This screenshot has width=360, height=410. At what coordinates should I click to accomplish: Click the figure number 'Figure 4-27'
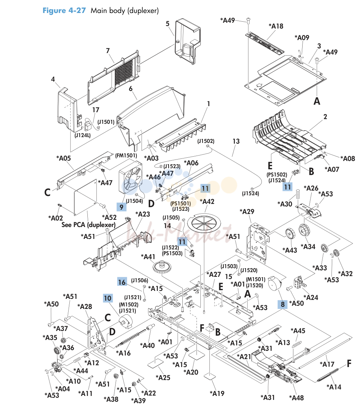click(x=64, y=10)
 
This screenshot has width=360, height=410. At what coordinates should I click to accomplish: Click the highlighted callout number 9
click(x=121, y=207)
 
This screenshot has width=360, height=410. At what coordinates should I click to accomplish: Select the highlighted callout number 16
click(x=122, y=282)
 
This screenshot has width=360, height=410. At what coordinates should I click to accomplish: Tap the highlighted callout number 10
click(x=108, y=298)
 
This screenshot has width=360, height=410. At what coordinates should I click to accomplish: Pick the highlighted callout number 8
click(x=283, y=304)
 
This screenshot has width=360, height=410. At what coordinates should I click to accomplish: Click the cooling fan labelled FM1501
click(x=131, y=178)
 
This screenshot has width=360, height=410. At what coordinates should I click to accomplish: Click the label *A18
click(x=276, y=26)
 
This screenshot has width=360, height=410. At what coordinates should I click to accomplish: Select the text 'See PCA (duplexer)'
click(x=88, y=225)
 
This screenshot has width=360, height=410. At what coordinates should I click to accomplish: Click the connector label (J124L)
click(x=83, y=135)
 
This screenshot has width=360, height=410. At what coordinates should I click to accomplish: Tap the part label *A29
click(x=247, y=211)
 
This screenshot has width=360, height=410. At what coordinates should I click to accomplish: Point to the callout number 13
click(x=236, y=141)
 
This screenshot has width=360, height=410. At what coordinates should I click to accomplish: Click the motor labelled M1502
click(x=126, y=321)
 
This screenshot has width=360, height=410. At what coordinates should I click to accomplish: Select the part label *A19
click(x=217, y=393)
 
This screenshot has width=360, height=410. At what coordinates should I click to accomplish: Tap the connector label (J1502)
click(x=206, y=141)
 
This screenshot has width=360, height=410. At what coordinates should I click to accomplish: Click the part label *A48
click(x=296, y=398)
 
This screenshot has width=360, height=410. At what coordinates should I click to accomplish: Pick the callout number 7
click(x=108, y=51)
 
